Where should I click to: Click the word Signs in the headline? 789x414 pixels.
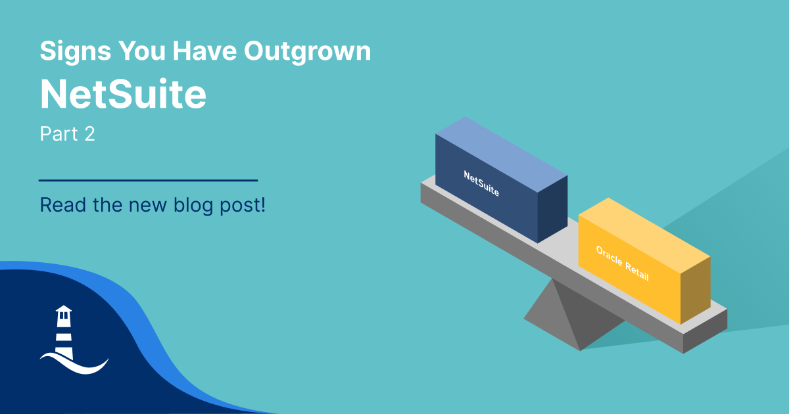coord(76,52)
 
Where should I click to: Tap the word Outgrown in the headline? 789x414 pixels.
coord(308,52)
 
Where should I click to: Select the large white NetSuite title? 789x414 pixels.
coord(123,94)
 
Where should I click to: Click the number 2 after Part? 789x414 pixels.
coord(90,134)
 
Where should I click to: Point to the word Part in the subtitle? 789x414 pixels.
coord(59,134)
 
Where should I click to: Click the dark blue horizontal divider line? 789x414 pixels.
coord(149,180)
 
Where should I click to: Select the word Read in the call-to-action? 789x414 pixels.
coord(63,205)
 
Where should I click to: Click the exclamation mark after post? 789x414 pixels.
coord(262,205)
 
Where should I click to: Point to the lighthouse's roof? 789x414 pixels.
coord(64,309)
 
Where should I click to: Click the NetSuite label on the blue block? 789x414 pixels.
coord(481,183)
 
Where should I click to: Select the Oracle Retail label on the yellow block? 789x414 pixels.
coord(623,264)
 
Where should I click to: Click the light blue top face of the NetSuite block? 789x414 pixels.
coord(502,154)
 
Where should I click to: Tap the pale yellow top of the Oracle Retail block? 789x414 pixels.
coord(644,235)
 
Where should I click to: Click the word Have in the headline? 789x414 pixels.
coord(204,52)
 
